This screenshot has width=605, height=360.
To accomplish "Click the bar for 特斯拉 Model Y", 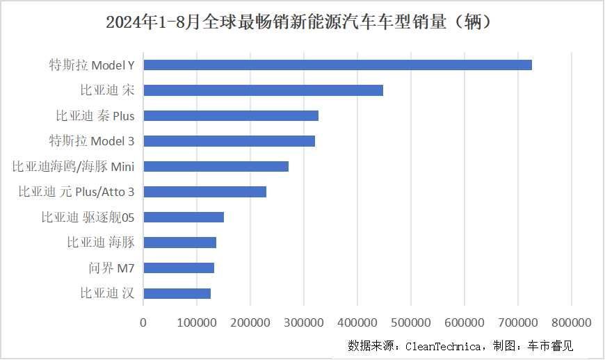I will [x=337, y=65].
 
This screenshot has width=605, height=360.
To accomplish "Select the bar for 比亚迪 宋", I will [x=263, y=90].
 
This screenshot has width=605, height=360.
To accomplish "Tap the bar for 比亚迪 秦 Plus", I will [x=231, y=115].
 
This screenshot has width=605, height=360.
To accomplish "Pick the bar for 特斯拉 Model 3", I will [x=229, y=141].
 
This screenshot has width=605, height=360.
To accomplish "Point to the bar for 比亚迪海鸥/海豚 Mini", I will [x=216, y=166].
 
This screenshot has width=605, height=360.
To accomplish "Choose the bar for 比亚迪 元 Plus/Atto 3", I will [x=204, y=192].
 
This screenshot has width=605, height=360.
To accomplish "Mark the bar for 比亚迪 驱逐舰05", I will [x=184, y=217].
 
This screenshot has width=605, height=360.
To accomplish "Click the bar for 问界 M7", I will [x=179, y=268].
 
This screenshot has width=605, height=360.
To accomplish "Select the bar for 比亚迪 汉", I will [x=177, y=293].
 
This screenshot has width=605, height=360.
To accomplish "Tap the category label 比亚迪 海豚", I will [x=100, y=243].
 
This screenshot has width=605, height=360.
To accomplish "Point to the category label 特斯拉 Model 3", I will [x=91, y=141].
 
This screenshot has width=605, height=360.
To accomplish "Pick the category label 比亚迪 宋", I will [x=107, y=90].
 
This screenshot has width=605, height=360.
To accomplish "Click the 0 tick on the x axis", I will [x=143, y=322].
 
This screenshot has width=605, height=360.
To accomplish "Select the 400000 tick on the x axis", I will [x=357, y=322].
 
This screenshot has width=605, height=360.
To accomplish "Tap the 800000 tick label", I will [x=572, y=322].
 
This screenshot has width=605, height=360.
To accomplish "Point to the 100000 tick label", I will [x=197, y=322].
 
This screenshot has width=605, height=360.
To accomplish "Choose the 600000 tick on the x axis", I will [x=465, y=322].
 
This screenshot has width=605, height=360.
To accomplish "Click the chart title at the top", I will [x=302, y=22].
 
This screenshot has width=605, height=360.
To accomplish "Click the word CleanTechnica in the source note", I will [x=443, y=345].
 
